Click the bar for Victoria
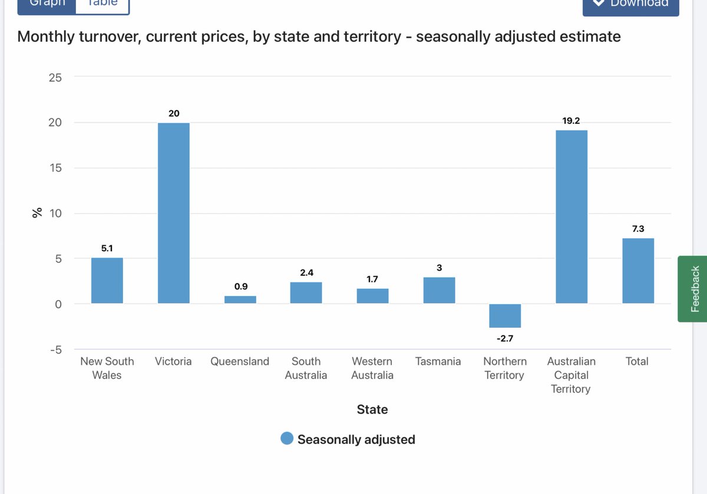tap(173, 213)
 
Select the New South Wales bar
tap(107, 281)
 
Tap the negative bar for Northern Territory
tap(505, 315)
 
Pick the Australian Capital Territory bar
tap(571, 216)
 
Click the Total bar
tap(637, 271)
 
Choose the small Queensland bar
tap(240, 299)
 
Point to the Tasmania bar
tap(439, 290)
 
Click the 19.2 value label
tap(571, 120)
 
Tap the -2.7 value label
tap(505, 339)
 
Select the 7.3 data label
tap(637, 229)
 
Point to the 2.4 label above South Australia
tap(306, 273)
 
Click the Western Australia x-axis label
tap(372, 368)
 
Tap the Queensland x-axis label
tap(240, 361)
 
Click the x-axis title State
tap(372, 409)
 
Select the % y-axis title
tap(37, 213)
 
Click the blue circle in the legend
tap(287, 439)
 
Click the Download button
tap(630, 5)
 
